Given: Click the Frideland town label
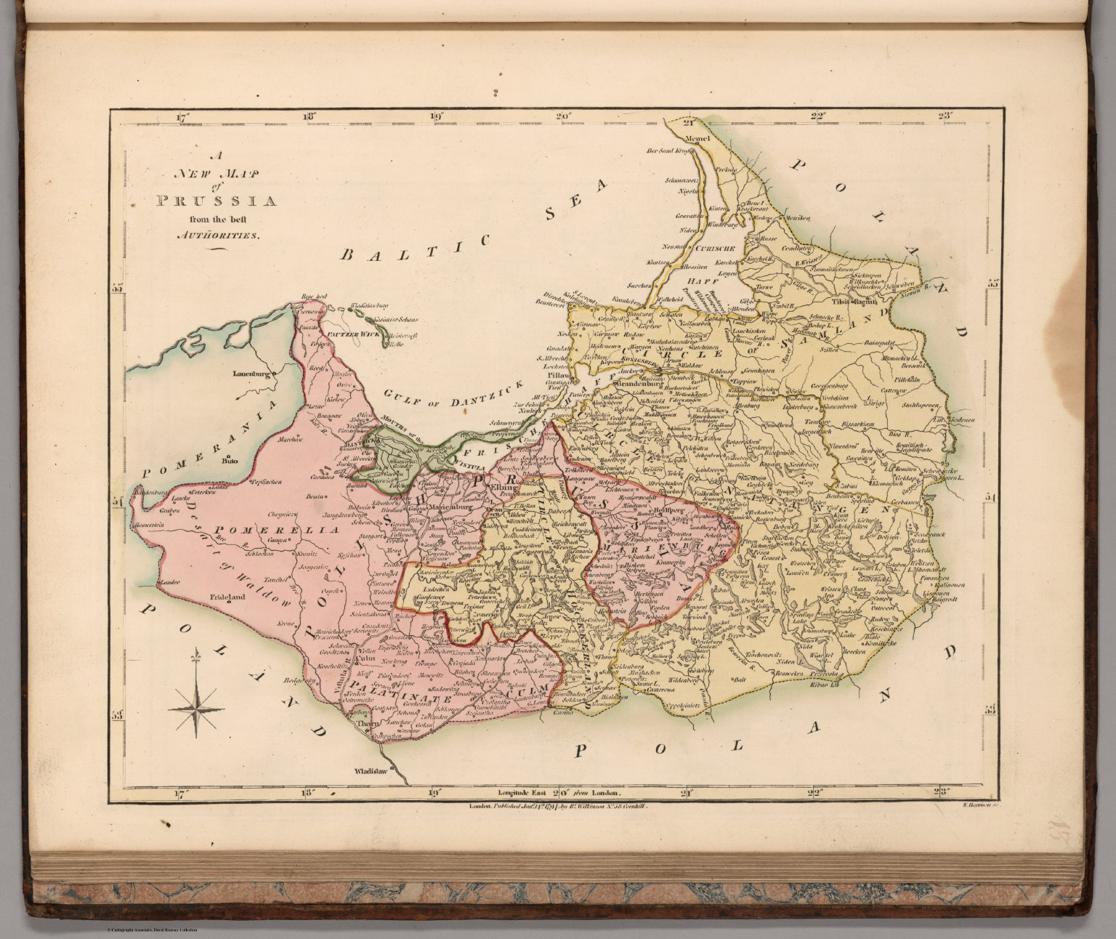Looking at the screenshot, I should pos(229,598).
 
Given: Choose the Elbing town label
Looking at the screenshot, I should pos(502,488).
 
